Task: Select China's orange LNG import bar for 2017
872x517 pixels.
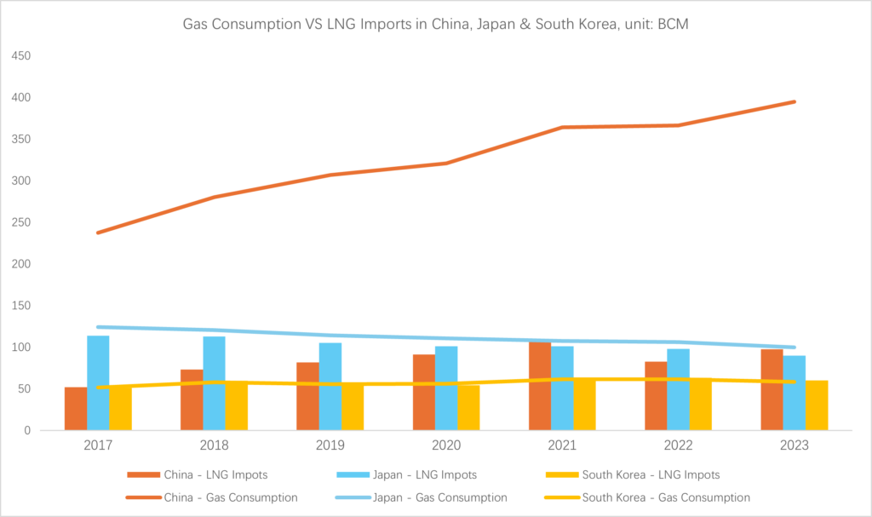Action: click(76, 409)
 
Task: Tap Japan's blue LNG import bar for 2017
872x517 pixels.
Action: click(98, 383)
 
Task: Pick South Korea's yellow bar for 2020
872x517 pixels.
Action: click(468, 408)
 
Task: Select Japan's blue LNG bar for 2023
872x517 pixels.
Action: click(795, 393)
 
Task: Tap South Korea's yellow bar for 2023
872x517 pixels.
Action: click(817, 405)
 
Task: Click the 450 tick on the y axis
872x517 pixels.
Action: click(20, 56)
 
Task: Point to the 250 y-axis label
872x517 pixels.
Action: click(20, 223)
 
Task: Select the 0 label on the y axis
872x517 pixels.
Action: click(26, 431)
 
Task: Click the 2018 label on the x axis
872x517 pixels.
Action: click(214, 445)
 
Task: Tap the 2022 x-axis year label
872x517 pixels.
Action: click(679, 445)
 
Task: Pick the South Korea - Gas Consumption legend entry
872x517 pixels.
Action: click(664, 497)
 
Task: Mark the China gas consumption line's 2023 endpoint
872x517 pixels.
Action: click(795, 101)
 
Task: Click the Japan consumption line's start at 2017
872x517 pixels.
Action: click(98, 327)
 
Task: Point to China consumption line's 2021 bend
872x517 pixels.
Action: click(562, 128)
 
